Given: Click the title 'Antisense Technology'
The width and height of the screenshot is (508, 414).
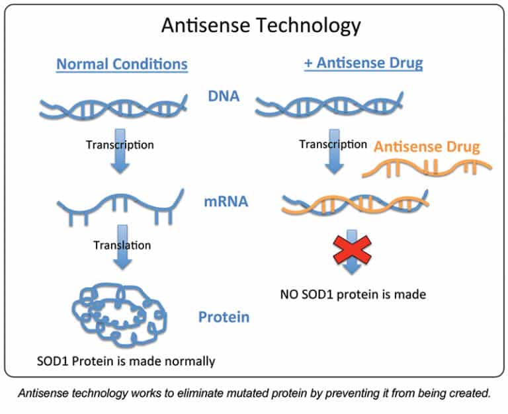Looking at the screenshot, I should pyautogui.click(x=253, y=26).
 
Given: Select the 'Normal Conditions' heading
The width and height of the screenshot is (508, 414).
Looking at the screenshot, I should pyautogui.click(x=122, y=65).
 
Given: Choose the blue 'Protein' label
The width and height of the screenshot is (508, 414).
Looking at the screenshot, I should pyautogui.click(x=224, y=317).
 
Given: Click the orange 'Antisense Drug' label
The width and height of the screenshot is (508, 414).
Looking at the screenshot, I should pyautogui.click(x=427, y=146).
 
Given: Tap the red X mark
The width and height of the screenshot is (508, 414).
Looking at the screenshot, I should pyautogui.click(x=351, y=247).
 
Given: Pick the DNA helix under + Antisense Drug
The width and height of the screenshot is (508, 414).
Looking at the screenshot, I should pyautogui.click(x=329, y=104).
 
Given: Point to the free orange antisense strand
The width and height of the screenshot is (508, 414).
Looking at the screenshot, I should pyautogui.click(x=427, y=169).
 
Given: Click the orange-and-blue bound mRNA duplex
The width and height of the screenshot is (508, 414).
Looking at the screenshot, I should pyautogui.click(x=354, y=202).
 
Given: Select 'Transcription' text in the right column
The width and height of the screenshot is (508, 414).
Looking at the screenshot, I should pyautogui.click(x=332, y=144).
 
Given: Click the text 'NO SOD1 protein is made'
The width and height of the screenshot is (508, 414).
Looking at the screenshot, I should pyautogui.click(x=352, y=294).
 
